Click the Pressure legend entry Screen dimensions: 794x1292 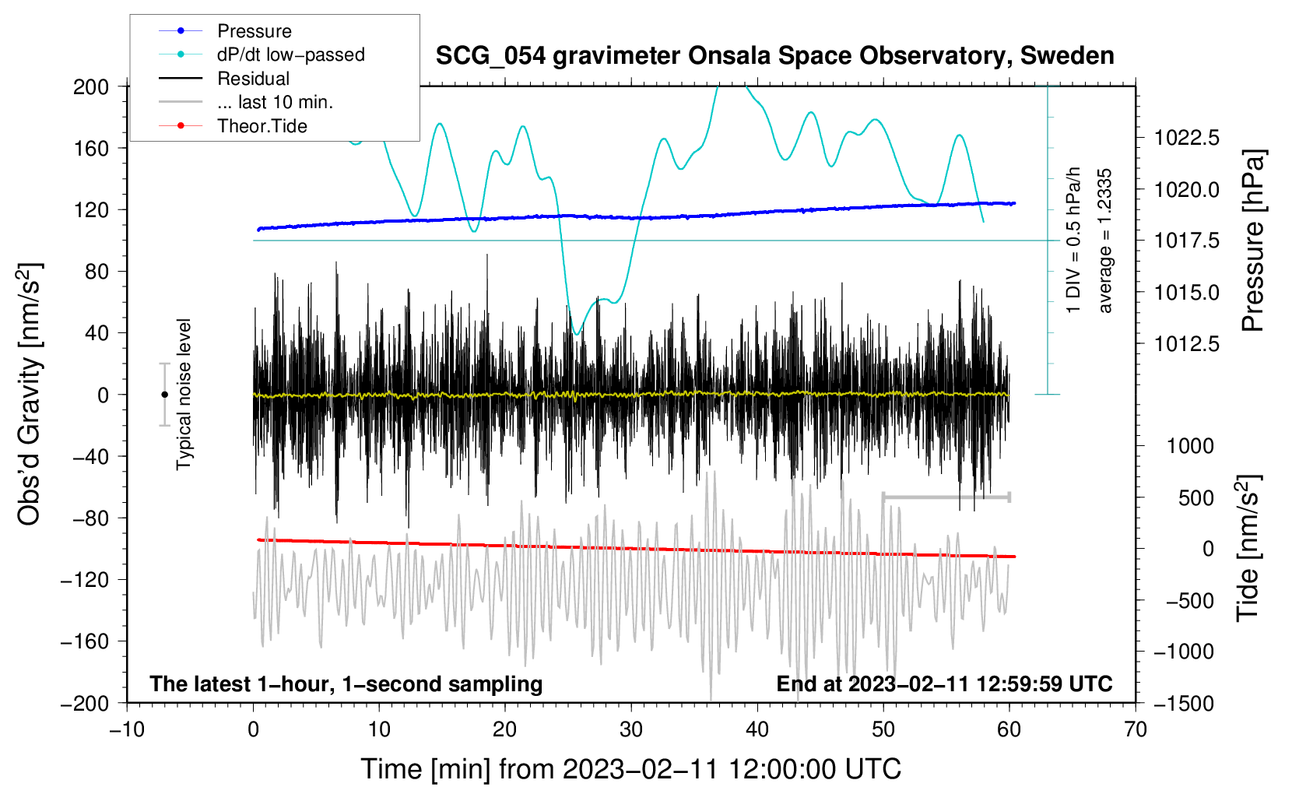(254, 31)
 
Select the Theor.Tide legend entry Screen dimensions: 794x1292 (262, 126)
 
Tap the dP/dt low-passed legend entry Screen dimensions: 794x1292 (290, 54)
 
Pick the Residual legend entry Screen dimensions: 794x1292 (253, 79)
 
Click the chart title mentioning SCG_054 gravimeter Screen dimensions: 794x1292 (774, 56)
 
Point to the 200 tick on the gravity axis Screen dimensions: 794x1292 (91, 86)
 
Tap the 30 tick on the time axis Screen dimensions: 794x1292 (631, 729)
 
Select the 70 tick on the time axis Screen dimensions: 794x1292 (1136, 729)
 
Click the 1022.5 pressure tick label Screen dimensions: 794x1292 (1187, 139)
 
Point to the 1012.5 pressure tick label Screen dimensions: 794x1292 (1187, 344)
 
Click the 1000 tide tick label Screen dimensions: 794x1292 (1190, 446)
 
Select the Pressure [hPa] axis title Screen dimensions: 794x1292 (1252, 241)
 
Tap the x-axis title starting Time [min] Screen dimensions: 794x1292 (630, 769)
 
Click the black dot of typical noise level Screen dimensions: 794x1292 (164, 395)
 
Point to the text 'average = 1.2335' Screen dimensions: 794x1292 (1105, 241)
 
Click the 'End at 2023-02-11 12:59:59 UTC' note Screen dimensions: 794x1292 (944, 684)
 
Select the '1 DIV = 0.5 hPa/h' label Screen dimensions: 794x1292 (1074, 240)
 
